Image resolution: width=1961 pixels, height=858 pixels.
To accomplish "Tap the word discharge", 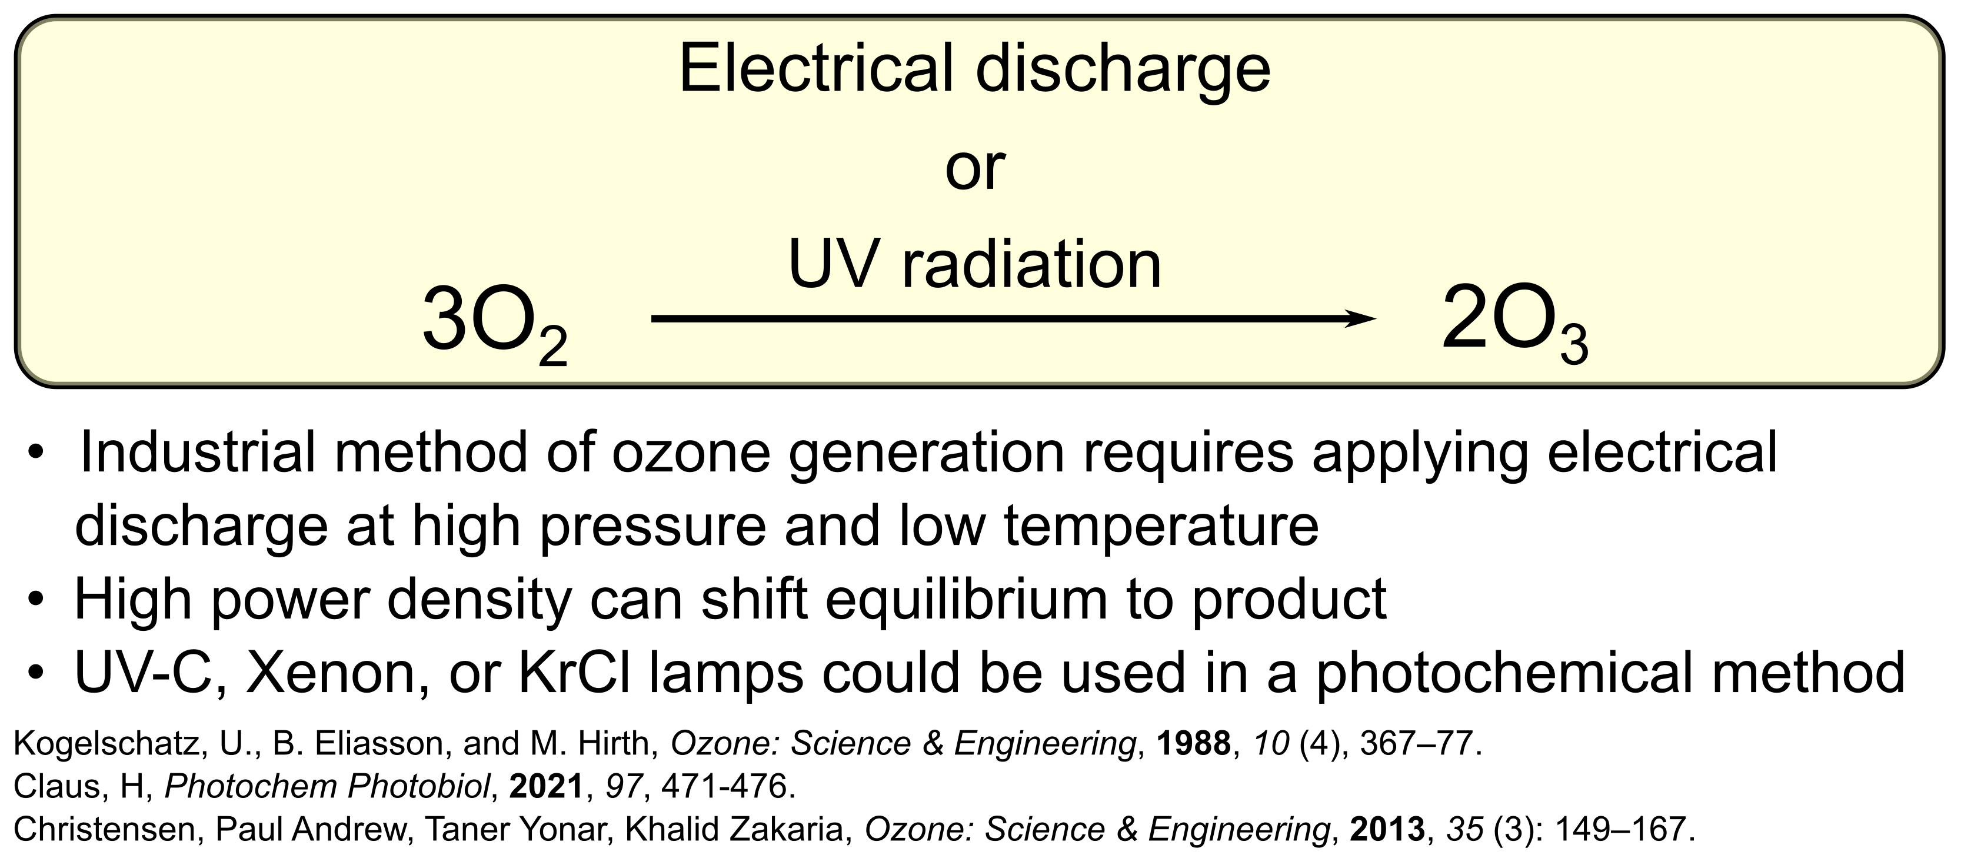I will click(x=1122, y=70).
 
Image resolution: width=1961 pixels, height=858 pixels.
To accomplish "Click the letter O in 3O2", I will click(x=502, y=319).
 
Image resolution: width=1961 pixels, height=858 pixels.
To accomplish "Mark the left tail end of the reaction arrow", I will click(x=655, y=319).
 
